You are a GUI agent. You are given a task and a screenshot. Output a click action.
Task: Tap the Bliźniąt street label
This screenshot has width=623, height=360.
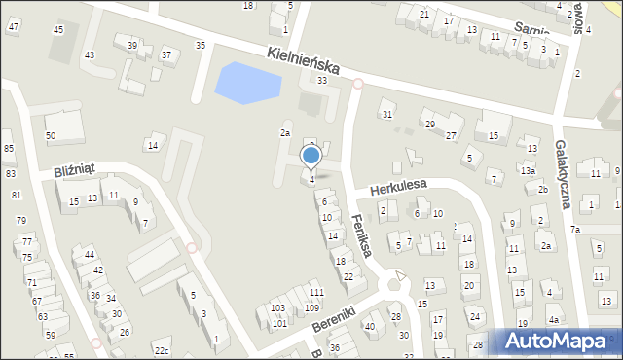pos(74,169)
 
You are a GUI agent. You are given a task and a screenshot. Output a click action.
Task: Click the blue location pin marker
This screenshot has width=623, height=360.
pos(311,156)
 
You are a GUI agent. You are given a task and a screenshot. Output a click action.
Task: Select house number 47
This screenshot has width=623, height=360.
pos(13,26)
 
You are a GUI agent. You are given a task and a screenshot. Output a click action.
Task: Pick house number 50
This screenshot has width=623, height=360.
pos(51,135)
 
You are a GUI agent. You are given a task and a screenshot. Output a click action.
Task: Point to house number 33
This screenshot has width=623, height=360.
pos(321,80)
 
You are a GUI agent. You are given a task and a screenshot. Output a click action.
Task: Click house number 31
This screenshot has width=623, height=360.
pos(386,115)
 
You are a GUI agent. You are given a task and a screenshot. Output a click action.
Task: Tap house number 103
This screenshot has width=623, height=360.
pos(277,307)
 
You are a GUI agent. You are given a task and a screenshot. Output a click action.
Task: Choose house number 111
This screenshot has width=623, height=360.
pos(315,293)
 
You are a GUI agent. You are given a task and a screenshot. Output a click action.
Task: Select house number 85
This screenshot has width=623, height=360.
pos(9,148)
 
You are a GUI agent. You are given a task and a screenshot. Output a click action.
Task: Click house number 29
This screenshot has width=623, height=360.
pos(428,124)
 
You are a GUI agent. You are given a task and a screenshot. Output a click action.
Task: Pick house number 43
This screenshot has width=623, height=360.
pos(90,54)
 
